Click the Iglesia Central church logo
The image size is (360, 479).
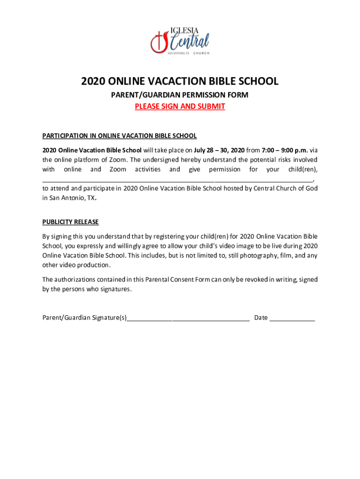(180, 42)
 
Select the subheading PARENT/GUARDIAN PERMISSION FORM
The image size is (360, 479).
(180, 95)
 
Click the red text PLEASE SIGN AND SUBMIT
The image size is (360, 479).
(180, 106)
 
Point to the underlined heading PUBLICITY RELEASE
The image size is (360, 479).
(70, 222)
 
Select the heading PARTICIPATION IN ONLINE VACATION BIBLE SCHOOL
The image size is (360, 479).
(119, 136)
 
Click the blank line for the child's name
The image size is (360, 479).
(178, 179)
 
